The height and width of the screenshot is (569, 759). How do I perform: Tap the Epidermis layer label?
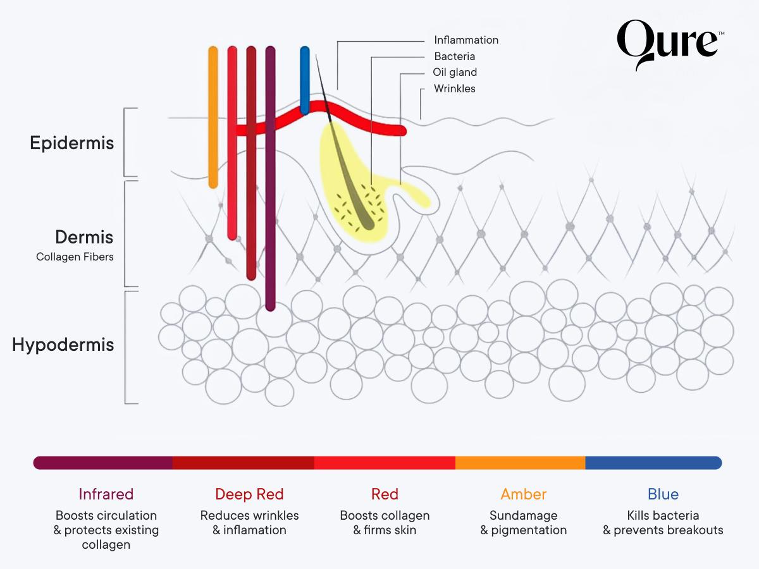[72, 143]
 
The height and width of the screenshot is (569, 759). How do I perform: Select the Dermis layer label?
[84, 237]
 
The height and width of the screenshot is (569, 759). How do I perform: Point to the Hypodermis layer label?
[63, 345]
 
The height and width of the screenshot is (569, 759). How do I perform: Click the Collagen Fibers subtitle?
[75, 257]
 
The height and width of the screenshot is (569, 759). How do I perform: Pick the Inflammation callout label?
[466, 40]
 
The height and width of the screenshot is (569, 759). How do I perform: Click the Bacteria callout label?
[454, 56]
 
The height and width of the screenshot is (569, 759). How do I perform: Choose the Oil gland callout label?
[455, 72]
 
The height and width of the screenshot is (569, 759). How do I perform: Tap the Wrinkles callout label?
[454, 89]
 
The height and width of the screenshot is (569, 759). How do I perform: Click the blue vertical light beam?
[305, 79]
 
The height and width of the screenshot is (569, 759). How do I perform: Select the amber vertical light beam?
[213, 117]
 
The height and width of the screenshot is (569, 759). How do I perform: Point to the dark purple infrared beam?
[270, 177]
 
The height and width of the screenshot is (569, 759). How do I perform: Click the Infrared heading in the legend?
[106, 494]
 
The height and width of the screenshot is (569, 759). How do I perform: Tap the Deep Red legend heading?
[249, 494]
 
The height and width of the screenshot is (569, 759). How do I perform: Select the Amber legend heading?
[523, 494]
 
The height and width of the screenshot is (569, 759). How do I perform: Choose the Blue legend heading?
[663, 494]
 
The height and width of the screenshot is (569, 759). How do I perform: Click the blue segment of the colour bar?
[653, 463]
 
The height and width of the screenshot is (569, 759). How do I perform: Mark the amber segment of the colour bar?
[520, 463]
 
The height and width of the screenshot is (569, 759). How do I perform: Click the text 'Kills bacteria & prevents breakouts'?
[663, 523]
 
